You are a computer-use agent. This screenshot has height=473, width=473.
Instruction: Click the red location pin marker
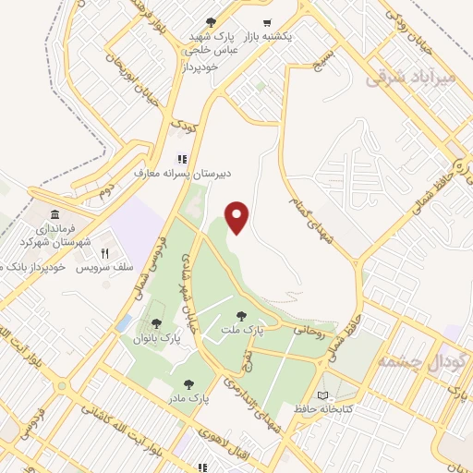(238, 217)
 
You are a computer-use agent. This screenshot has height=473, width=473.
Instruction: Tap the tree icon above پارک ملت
(242, 316)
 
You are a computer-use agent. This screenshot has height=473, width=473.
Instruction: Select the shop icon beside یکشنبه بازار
(267, 22)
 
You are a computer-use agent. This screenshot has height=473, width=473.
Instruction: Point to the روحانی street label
(308, 327)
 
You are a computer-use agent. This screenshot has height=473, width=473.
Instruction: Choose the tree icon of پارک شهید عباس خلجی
(212, 21)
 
